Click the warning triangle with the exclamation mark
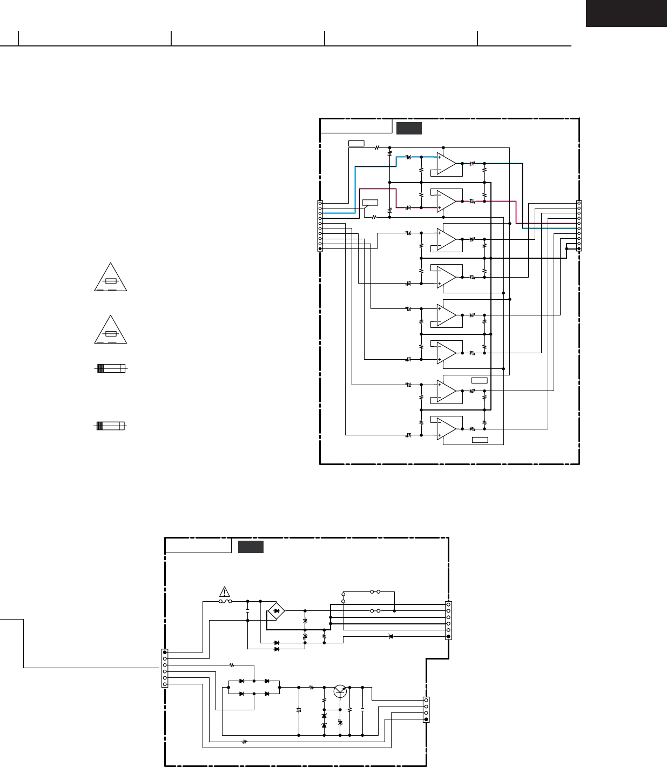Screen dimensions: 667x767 coord(225,591)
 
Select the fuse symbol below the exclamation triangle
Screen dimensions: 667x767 coord(225,601)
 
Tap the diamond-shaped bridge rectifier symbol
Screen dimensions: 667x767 coord(277,611)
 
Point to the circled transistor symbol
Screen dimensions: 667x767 coord(340,691)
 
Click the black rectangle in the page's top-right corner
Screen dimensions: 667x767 coord(626,14)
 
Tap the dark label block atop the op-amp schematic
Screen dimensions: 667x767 coord(409,128)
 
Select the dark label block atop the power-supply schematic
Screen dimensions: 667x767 coord(251,547)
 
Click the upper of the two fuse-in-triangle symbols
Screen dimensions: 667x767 coord(111,278)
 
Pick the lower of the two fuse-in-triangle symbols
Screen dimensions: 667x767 coord(111,330)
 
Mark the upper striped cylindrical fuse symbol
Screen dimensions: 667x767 coord(110,368)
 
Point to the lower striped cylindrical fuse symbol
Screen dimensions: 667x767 coord(110,426)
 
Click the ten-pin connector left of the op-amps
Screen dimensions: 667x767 coord(320,226)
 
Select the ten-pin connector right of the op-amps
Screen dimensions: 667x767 coord(579,226)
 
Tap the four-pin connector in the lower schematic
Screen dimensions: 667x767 coord(426,710)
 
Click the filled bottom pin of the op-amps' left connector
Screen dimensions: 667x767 coord(320,249)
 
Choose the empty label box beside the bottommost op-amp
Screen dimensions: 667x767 coord(480,440)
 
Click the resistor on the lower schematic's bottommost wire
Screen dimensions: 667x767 coord(244,742)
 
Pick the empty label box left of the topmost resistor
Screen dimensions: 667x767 coord(356,143)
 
